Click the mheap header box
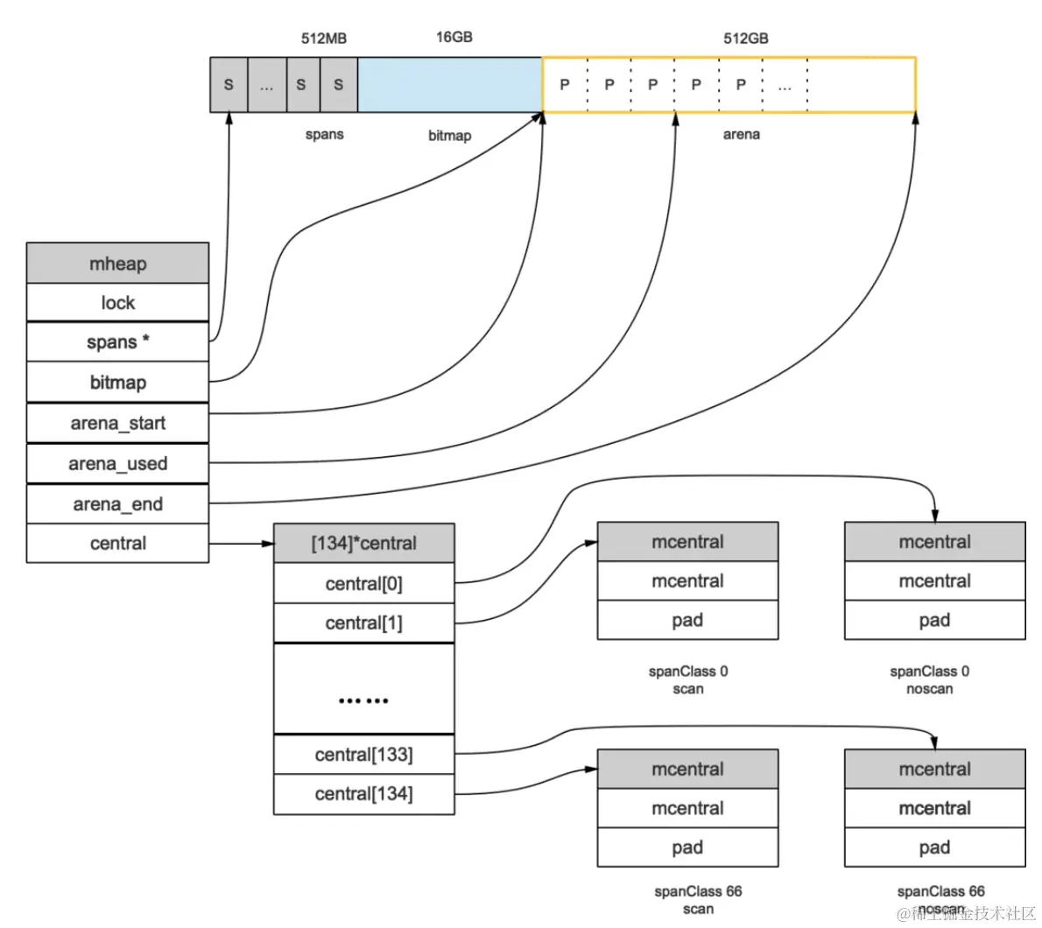click(117, 263)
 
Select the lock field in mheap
click(117, 303)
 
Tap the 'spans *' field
click(117, 342)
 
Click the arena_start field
click(117, 423)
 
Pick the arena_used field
click(117, 464)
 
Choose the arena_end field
click(117, 504)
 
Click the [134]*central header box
click(364, 544)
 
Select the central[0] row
click(364, 583)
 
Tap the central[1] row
click(364, 623)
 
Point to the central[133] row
click(364, 755)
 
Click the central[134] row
click(364, 794)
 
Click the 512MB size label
click(324, 39)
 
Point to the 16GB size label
click(454, 37)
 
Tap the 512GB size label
click(746, 39)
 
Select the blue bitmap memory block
click(450, 84)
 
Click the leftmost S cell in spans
click(229, 84)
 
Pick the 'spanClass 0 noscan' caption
click(930, 680)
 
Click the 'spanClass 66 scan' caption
click(698, 900)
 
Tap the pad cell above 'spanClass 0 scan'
click(687, 621)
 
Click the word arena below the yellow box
click(741, 134)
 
